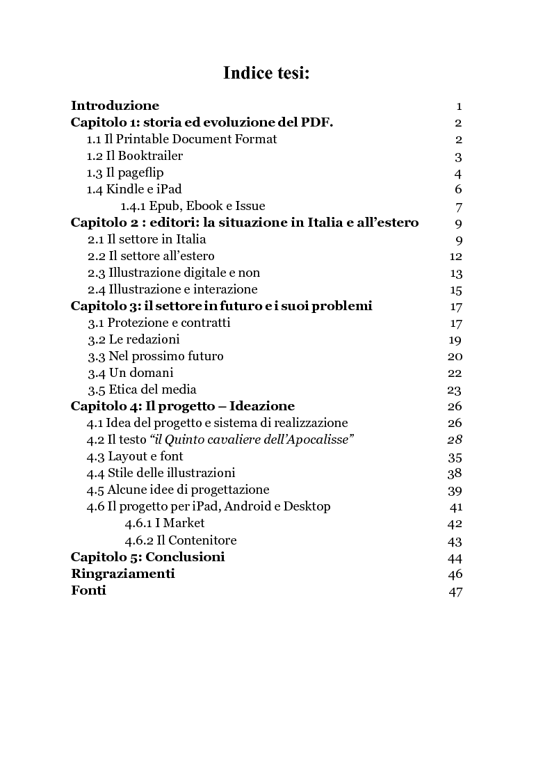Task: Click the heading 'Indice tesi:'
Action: click(x=266, y=73)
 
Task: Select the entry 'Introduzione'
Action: click(x=115, y=106)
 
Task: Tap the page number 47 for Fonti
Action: click(x=455, y=592)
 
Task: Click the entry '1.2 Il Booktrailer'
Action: click(x=134, y=156)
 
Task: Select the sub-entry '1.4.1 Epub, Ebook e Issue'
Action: click(x=193, y=206)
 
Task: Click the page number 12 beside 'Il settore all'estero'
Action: click(x=455, y=257)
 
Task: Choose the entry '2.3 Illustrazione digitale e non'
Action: click(x=173, y=273)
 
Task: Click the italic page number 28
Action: click(x=455, y=440)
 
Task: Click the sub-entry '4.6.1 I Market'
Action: click(x=165, y=523)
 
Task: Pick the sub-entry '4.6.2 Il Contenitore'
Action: click(x=181, y=540)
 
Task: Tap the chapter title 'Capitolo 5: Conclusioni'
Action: click(x=147, y=557)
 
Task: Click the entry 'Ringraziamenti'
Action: click(x=122, y=574)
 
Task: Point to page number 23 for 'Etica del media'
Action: click(x=455, y=390)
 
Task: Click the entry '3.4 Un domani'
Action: click(x=130, y=373)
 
